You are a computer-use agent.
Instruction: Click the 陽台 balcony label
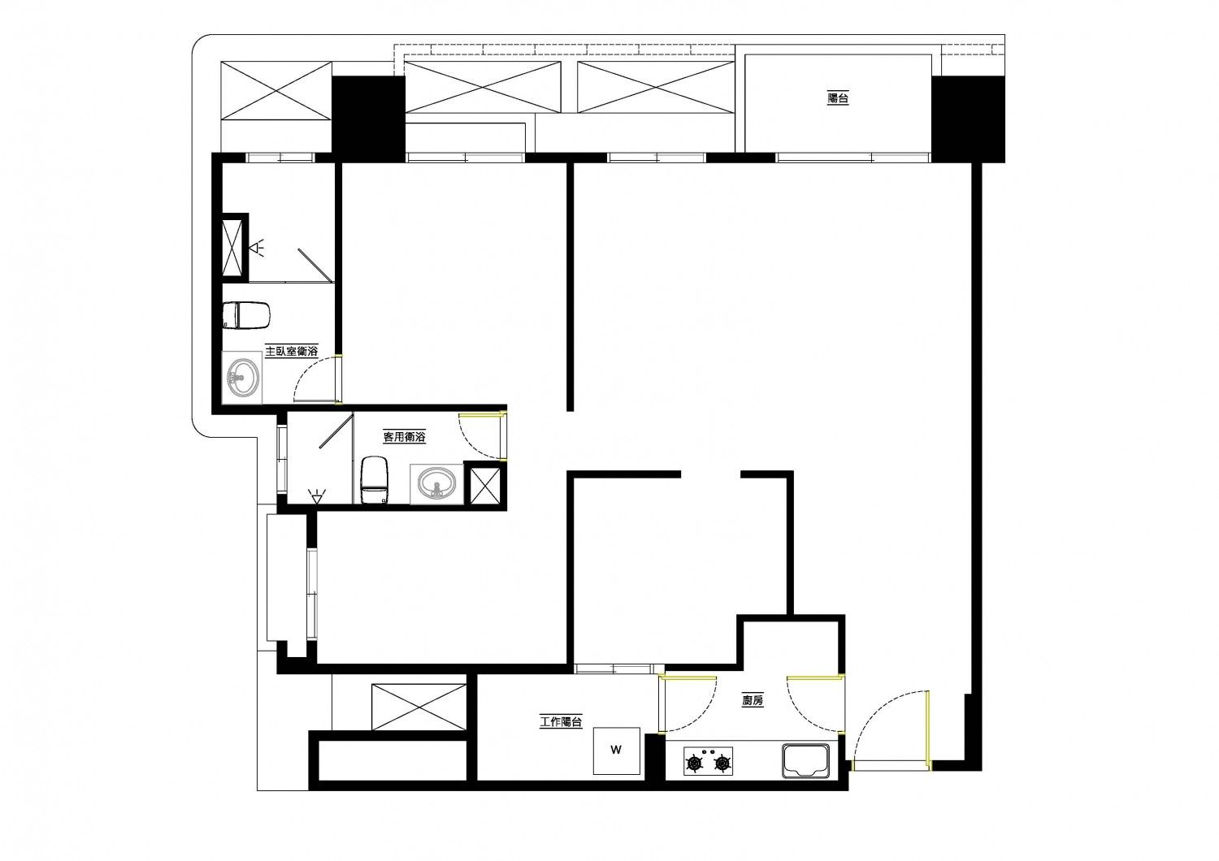(838, 98)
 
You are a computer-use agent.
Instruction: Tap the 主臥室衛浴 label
(291, 351)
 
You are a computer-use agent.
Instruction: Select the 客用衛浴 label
(405, 436)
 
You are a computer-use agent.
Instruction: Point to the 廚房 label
(753, 700)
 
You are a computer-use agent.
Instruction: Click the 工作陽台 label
(561, 722)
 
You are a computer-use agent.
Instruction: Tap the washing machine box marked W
(616, 751)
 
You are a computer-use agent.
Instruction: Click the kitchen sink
(806, 761)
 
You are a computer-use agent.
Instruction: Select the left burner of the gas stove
(694, 764)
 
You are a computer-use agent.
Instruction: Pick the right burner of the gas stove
(722, 764)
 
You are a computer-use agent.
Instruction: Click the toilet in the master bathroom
(246, 315)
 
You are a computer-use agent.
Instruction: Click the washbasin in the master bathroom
(242, 377)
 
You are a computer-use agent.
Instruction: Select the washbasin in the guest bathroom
(437, 483)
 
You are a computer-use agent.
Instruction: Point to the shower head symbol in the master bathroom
(258, 248)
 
